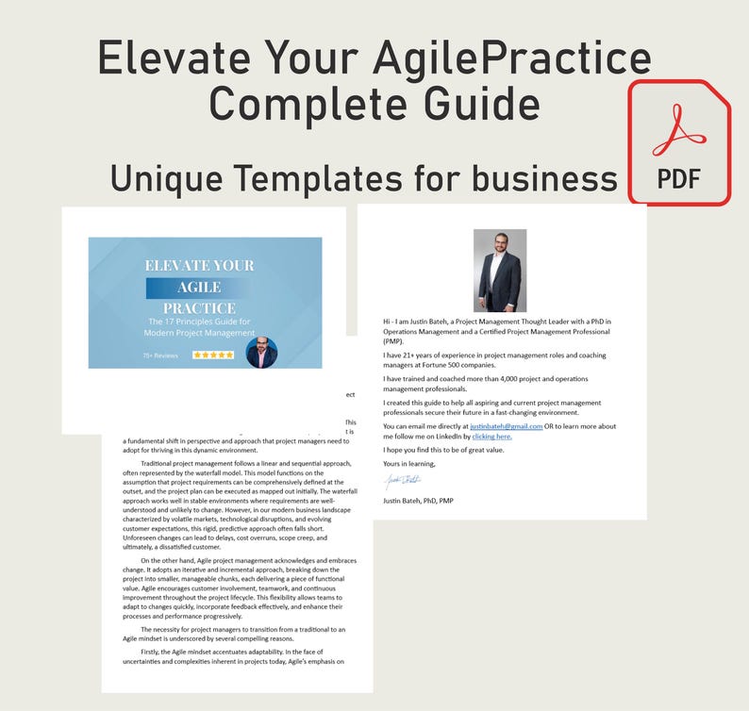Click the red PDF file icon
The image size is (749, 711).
click(680, 142)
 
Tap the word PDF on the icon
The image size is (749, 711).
click(678, 178)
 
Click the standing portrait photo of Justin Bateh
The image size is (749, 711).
click(500, 271)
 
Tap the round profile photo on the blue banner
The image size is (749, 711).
click(261, 353)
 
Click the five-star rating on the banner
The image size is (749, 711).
click(212, 355)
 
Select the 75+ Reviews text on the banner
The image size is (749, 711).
click(160, 355)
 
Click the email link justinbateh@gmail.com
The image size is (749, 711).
click(506, 426)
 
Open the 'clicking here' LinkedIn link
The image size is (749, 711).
click(491, 437)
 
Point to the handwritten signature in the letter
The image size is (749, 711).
click(403, 482)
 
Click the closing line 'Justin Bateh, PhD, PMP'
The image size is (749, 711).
click(418, 500)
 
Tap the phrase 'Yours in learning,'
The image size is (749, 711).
click(410, 464)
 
